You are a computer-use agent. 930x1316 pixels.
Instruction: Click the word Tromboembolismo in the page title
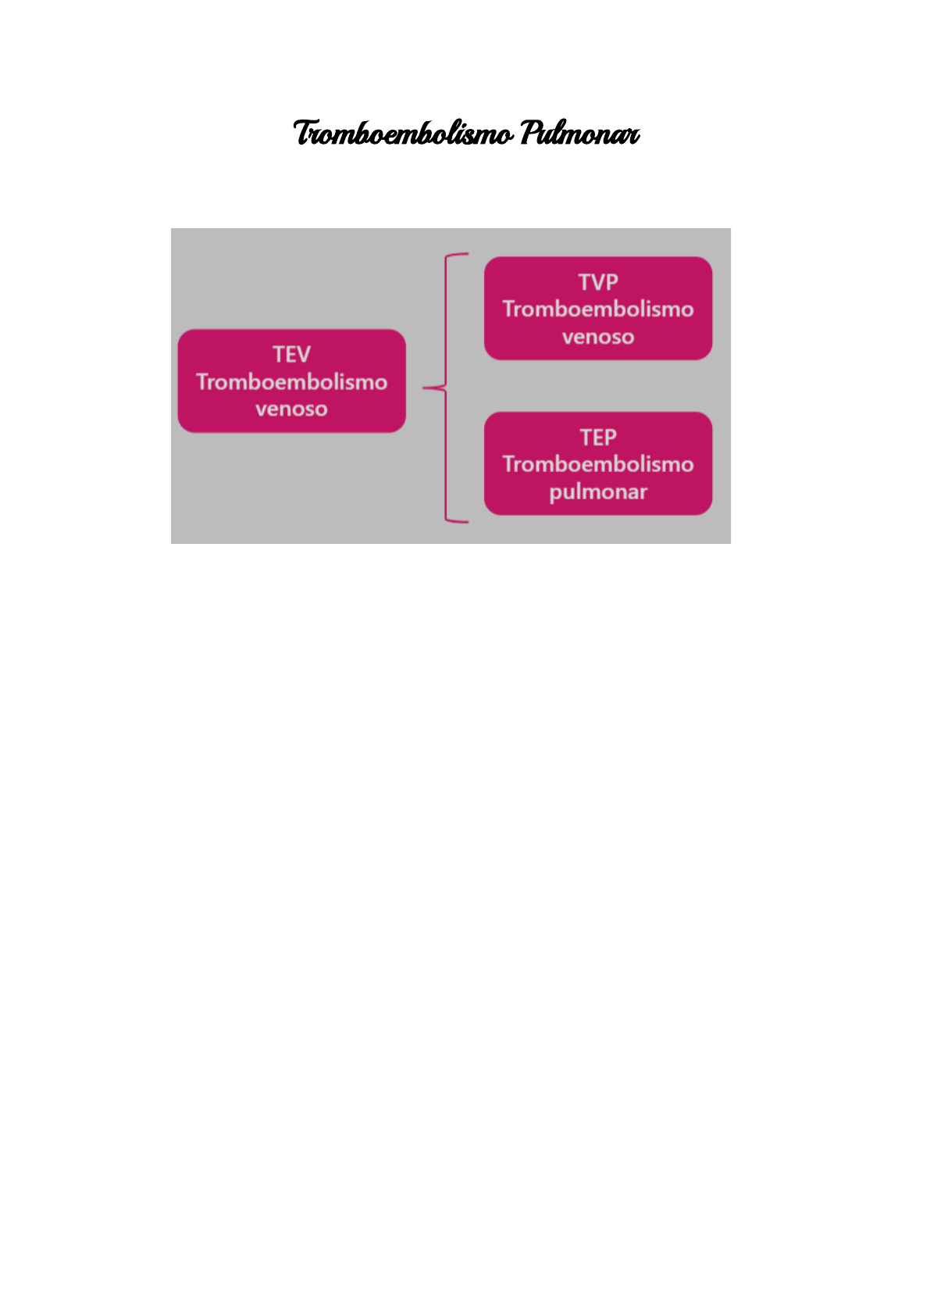click(x=403, y=134)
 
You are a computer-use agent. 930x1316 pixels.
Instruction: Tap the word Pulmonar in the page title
click(x=579, y=134)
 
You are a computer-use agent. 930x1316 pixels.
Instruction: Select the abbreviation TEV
click(x=291, y=355)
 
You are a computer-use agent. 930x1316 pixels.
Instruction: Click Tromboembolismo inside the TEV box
click(x=291, y=382)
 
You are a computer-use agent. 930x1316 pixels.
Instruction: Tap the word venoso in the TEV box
click(x=291, y=409)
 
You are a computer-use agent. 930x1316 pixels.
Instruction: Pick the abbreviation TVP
click(x=598, y=282)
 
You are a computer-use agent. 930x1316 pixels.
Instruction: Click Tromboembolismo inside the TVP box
click(x=598, y=309)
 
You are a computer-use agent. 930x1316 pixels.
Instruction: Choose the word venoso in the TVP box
click(x=598, y=337)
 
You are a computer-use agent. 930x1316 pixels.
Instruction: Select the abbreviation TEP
click(x=598, y=438)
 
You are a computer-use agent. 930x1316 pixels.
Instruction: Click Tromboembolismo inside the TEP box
click(x=598, y=464)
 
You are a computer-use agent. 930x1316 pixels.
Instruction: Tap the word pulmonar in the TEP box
click(x=598, y=492)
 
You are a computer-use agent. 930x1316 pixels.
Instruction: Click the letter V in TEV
click(x=303, y=355)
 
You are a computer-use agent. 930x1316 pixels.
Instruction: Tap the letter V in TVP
click(x=598, y=282)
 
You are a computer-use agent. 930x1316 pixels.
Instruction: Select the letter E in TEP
click(x=598, y=438)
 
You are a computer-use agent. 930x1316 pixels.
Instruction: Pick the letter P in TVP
click(x=611, y=282)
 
